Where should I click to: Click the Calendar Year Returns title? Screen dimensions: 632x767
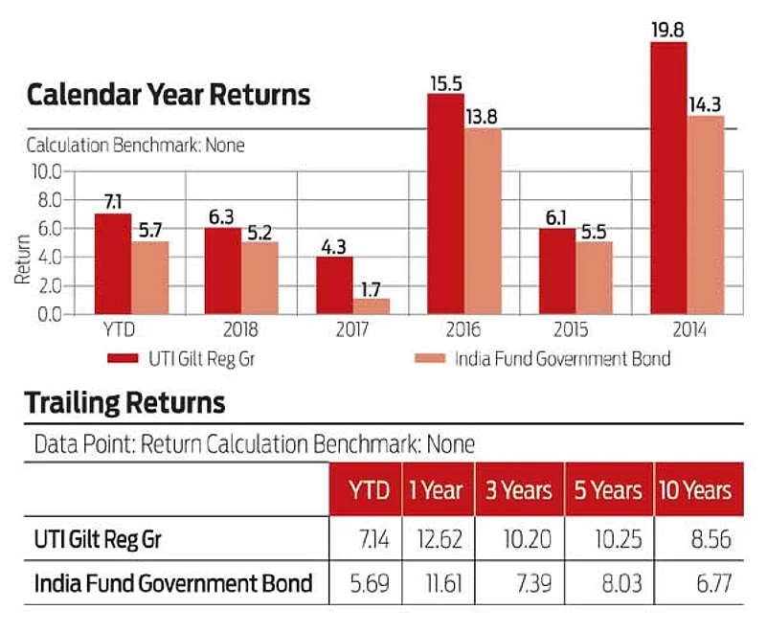[x=168, y=95]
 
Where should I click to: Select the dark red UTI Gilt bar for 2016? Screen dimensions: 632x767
[x=445, y=204]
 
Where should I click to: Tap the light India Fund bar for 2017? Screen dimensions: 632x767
[x=371, y=305]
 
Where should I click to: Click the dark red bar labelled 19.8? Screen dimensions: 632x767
[x=668, y=178]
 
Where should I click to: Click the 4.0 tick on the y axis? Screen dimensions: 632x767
[x=49, y=257]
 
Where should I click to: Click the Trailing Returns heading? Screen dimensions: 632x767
[x=124, y=402]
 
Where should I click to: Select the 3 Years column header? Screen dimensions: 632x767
[x=519, y=491]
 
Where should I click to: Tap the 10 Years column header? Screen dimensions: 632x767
[x=695, y=491]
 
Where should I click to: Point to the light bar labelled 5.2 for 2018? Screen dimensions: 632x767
[x=259, y=278]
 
